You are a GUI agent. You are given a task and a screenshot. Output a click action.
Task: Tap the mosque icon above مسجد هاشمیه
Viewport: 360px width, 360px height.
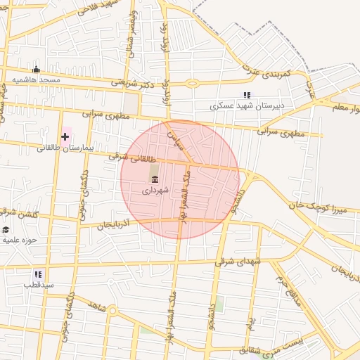coord(36,70)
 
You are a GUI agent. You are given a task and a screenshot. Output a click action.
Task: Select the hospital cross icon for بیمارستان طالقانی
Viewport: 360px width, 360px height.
coord(65,136)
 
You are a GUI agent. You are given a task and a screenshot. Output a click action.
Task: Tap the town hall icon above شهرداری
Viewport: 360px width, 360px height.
coord(155,179)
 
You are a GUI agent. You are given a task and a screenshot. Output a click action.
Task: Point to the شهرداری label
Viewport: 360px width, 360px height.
coord(155,190)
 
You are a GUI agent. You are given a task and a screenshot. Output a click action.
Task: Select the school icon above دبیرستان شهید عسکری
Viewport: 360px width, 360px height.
coord(246,95)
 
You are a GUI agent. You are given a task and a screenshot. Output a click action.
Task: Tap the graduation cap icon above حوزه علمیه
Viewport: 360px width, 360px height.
coord(6,229)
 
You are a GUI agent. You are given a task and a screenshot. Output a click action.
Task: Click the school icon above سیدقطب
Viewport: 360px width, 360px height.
coord(38,274)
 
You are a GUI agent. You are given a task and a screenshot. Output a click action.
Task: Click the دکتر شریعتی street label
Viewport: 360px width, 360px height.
coord(133,83)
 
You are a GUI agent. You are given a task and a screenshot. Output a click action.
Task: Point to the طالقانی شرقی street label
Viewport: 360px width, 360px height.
coord(129,158)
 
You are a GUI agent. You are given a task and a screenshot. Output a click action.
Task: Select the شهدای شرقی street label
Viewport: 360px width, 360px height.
coord(238,262)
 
